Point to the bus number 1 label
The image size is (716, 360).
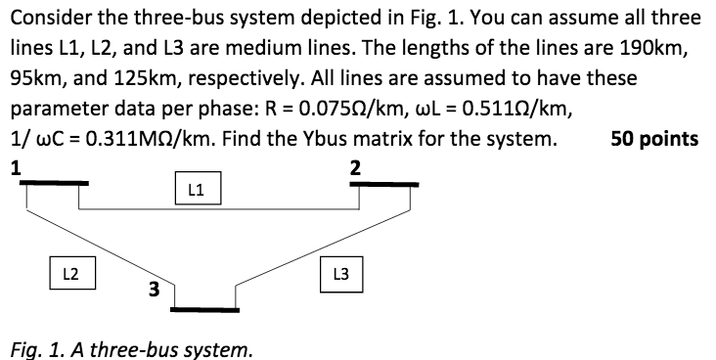point(15,166)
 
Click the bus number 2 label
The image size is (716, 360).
point(355,167)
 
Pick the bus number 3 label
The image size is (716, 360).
point(154,290)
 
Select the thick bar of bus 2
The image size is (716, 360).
point(388,183)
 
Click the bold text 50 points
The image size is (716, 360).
point(654,139)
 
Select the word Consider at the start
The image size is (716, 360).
point(47,17)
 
